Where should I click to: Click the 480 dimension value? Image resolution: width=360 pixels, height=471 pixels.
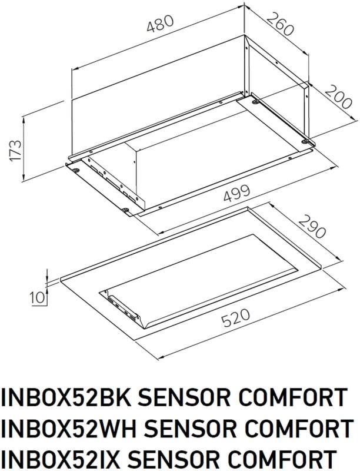[160, 24]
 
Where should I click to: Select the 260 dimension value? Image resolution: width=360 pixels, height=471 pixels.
[279, 24]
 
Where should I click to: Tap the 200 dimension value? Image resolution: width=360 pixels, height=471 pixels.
[338, 97]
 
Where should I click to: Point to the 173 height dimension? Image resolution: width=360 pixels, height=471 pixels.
[16, 151]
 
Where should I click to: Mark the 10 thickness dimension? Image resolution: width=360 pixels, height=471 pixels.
[38, 298]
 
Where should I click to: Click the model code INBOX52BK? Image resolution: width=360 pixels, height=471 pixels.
[65, 397]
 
